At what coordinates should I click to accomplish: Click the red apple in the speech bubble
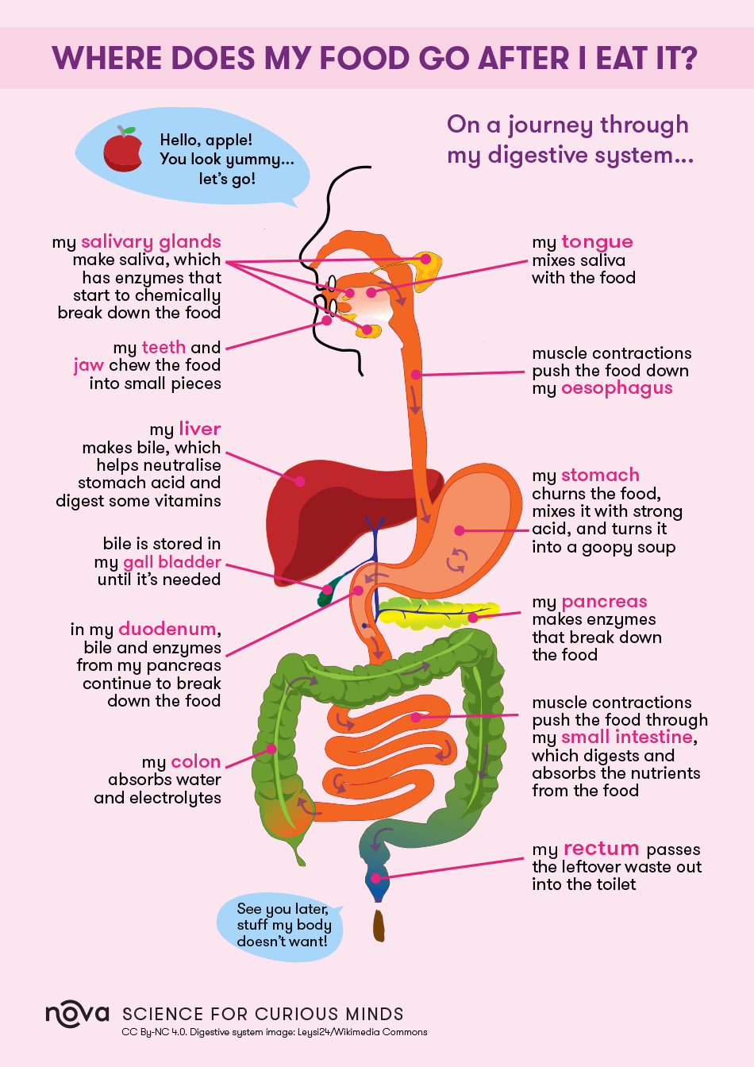(123, 149)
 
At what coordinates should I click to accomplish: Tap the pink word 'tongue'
(597, 243)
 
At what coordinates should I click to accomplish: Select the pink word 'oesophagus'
(617, 389)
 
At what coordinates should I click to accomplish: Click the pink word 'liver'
(199, 429)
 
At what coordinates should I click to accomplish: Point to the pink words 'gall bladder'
(172, 562)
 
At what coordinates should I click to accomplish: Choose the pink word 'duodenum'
(167, 630)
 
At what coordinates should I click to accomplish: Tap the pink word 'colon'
(196, 761)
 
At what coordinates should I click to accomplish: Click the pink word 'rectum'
(601, 849)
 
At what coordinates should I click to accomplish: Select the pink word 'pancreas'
(604, 603)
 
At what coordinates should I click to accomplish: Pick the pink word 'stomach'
(600, 476)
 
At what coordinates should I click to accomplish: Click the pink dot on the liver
(299, 482)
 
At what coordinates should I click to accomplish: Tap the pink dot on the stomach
(460, 530)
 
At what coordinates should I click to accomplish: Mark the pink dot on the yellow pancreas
(473, 618)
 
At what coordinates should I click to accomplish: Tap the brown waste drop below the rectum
(379, 926)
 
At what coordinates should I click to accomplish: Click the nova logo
(77, 1013)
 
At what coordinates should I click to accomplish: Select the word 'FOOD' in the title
(364, 58)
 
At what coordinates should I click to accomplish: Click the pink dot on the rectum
(375, 878)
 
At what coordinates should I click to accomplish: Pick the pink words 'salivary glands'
(151, 242)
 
